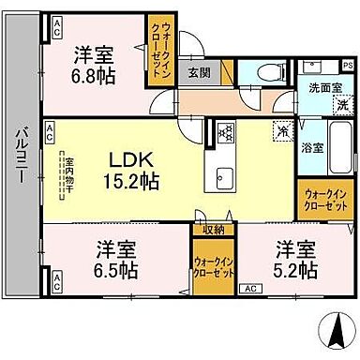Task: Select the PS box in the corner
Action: click(x=346, y=65)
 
